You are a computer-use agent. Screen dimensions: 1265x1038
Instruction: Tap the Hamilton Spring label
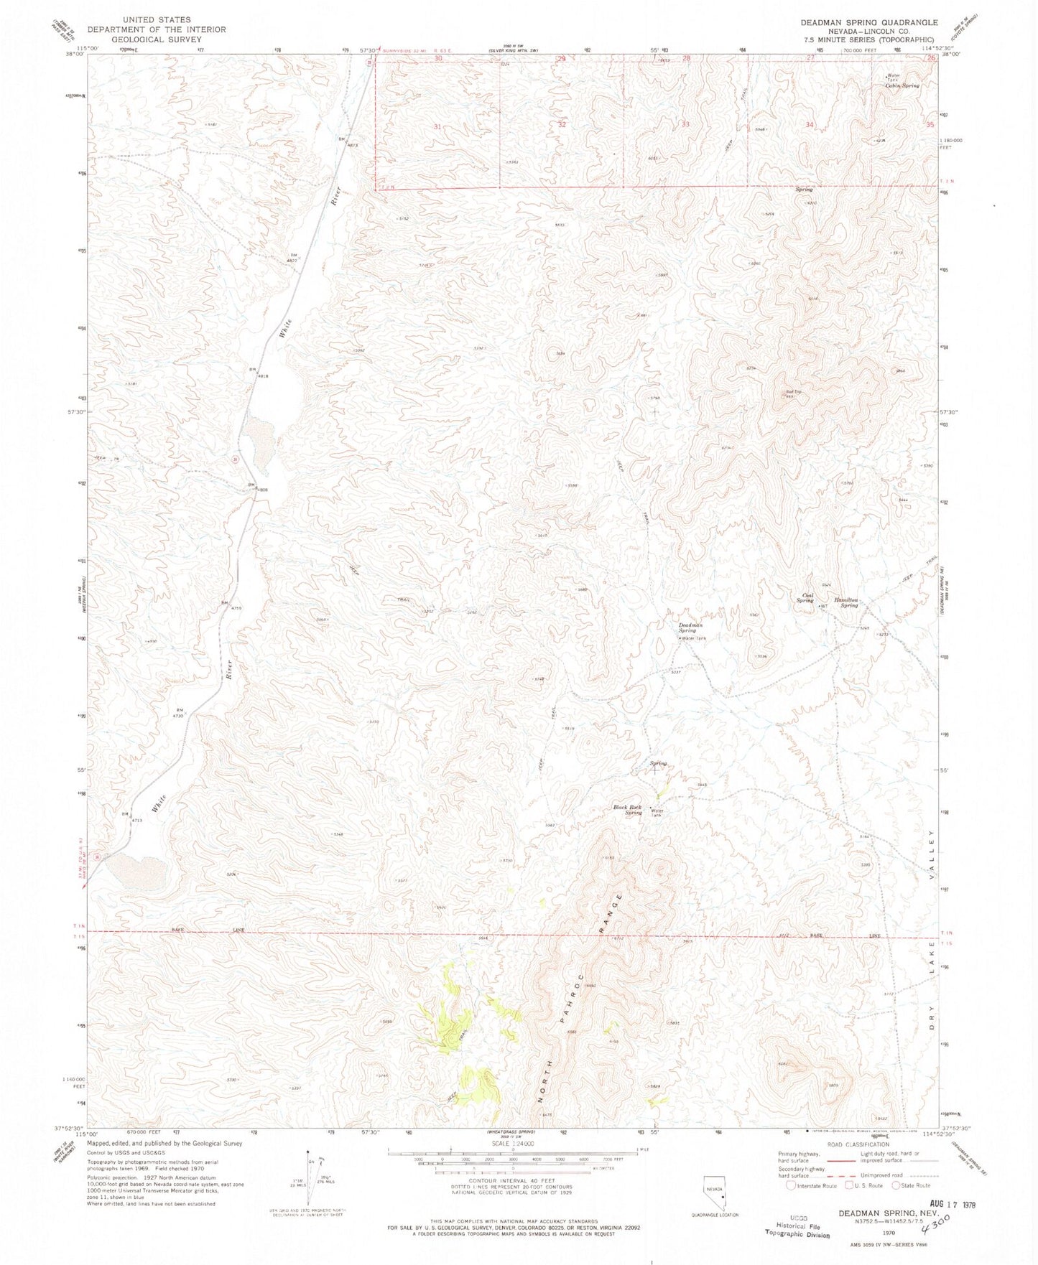point(845,602)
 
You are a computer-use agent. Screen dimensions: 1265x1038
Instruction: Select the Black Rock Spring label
point(627,810)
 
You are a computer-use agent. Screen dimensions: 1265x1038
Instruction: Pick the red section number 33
point(685,124)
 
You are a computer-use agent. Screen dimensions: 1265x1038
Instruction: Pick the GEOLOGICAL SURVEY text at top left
point(157,39)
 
